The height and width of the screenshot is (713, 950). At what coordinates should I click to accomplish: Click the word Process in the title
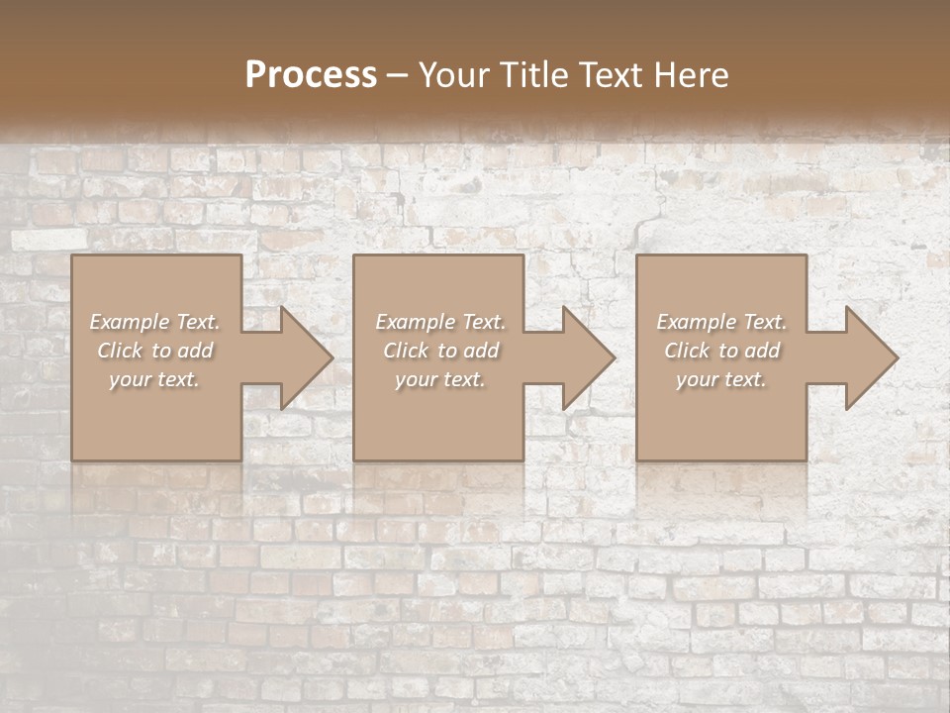pos(311,74)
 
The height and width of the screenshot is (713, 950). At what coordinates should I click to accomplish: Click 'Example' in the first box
pos(130,322)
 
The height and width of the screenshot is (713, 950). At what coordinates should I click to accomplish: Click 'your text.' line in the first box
pos(154,379)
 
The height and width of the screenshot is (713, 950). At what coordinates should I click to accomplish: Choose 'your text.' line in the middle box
pos(440,379)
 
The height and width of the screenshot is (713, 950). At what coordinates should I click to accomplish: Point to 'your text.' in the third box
pos(721,379)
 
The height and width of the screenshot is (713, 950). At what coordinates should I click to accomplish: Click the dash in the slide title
pos(398,74)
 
